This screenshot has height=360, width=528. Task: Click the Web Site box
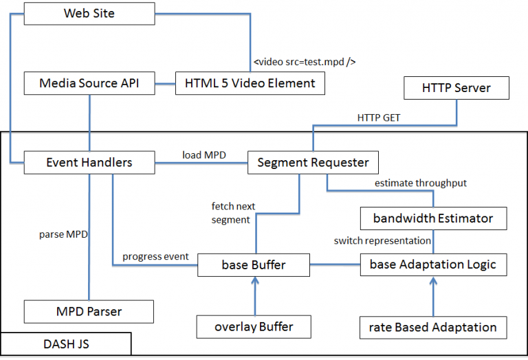point(89,14)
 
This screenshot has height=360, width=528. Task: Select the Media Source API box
point(89,84)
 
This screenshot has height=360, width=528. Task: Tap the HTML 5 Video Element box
point(250,84)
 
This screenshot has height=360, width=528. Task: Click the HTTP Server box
point(456,88)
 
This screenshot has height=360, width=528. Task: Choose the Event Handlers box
point(89,163)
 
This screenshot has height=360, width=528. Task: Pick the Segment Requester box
point(313,163)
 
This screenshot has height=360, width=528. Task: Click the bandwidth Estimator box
point(433,218)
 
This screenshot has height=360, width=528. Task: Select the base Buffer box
point(254,265)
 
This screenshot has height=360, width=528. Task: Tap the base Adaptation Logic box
point(433,265)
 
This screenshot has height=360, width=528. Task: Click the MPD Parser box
point(89,311)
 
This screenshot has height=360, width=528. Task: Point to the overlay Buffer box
point(254,326)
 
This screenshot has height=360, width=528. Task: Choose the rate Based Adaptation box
point(433,327)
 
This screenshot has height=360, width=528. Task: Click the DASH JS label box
point(66,344)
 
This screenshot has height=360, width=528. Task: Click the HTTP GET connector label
point(379,117)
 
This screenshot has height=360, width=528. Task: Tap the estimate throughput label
point(420,183)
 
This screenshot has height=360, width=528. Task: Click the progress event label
point(155,256)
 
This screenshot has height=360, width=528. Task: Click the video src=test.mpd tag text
point(304,62)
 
